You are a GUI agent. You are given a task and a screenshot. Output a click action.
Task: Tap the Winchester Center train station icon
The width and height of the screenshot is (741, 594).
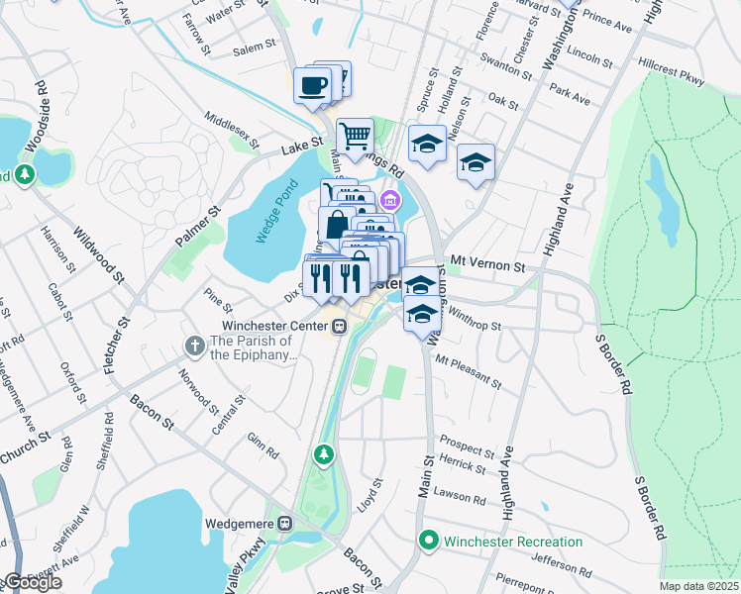[x=339, y=326]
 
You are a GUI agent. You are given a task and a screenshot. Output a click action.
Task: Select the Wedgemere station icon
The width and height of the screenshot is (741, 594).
[x=285, y=522]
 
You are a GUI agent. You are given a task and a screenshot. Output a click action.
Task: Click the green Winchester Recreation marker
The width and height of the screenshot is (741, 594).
[x=428, y=541]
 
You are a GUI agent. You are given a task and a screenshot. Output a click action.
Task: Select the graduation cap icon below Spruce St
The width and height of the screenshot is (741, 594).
[x=427, y=143]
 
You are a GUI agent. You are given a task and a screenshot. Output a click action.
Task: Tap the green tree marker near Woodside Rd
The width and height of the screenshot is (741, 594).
[x=25, y=175]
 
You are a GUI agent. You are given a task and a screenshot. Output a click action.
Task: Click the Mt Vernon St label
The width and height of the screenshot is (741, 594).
[x=486, y=265]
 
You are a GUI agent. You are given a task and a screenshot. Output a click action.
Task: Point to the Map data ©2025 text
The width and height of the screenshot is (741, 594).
[x=698, y=587]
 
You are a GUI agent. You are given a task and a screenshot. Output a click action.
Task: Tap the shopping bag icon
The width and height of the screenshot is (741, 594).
[x=336, y=225]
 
